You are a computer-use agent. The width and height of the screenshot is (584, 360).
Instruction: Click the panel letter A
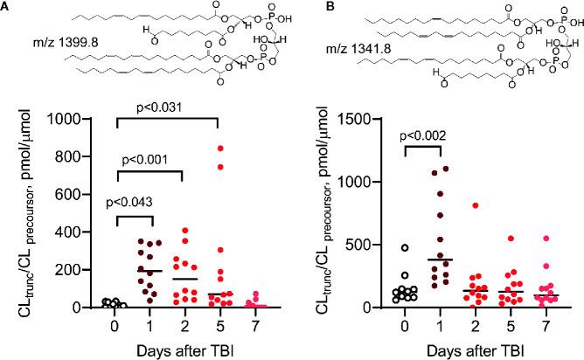click(8, 8)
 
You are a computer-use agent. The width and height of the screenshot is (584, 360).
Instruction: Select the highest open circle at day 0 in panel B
click(405, 247)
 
